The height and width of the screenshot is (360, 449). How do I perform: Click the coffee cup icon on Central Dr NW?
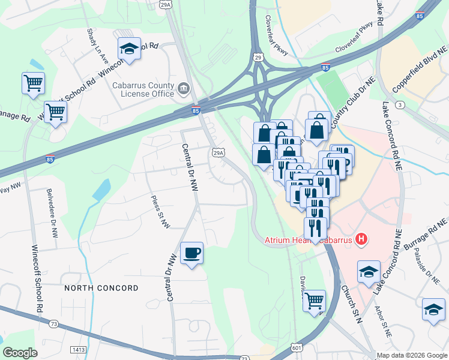coord(191,253)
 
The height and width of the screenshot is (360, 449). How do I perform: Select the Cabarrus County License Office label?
coord(143,89)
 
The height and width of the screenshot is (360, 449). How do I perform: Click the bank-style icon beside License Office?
coord(184,92)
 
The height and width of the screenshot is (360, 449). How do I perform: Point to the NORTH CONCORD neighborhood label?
coord(101,288)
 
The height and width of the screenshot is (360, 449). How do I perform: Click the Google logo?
coord(20,353)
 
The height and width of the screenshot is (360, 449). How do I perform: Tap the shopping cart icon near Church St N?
coord(314,301)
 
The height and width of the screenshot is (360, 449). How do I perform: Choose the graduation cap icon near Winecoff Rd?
coord(129,49)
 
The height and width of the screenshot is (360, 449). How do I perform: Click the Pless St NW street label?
coord(161,212)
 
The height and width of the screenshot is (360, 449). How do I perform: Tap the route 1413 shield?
coord(78,349)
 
